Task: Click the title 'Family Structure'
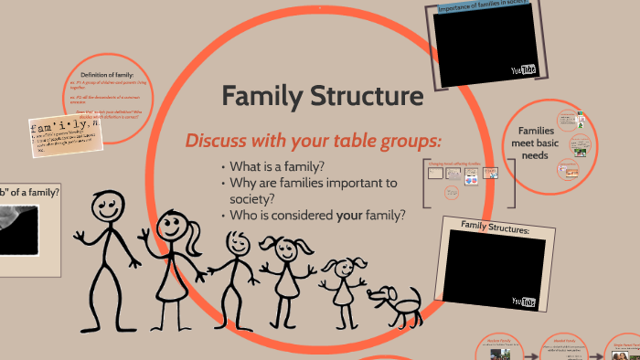click(x=322, y=96)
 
